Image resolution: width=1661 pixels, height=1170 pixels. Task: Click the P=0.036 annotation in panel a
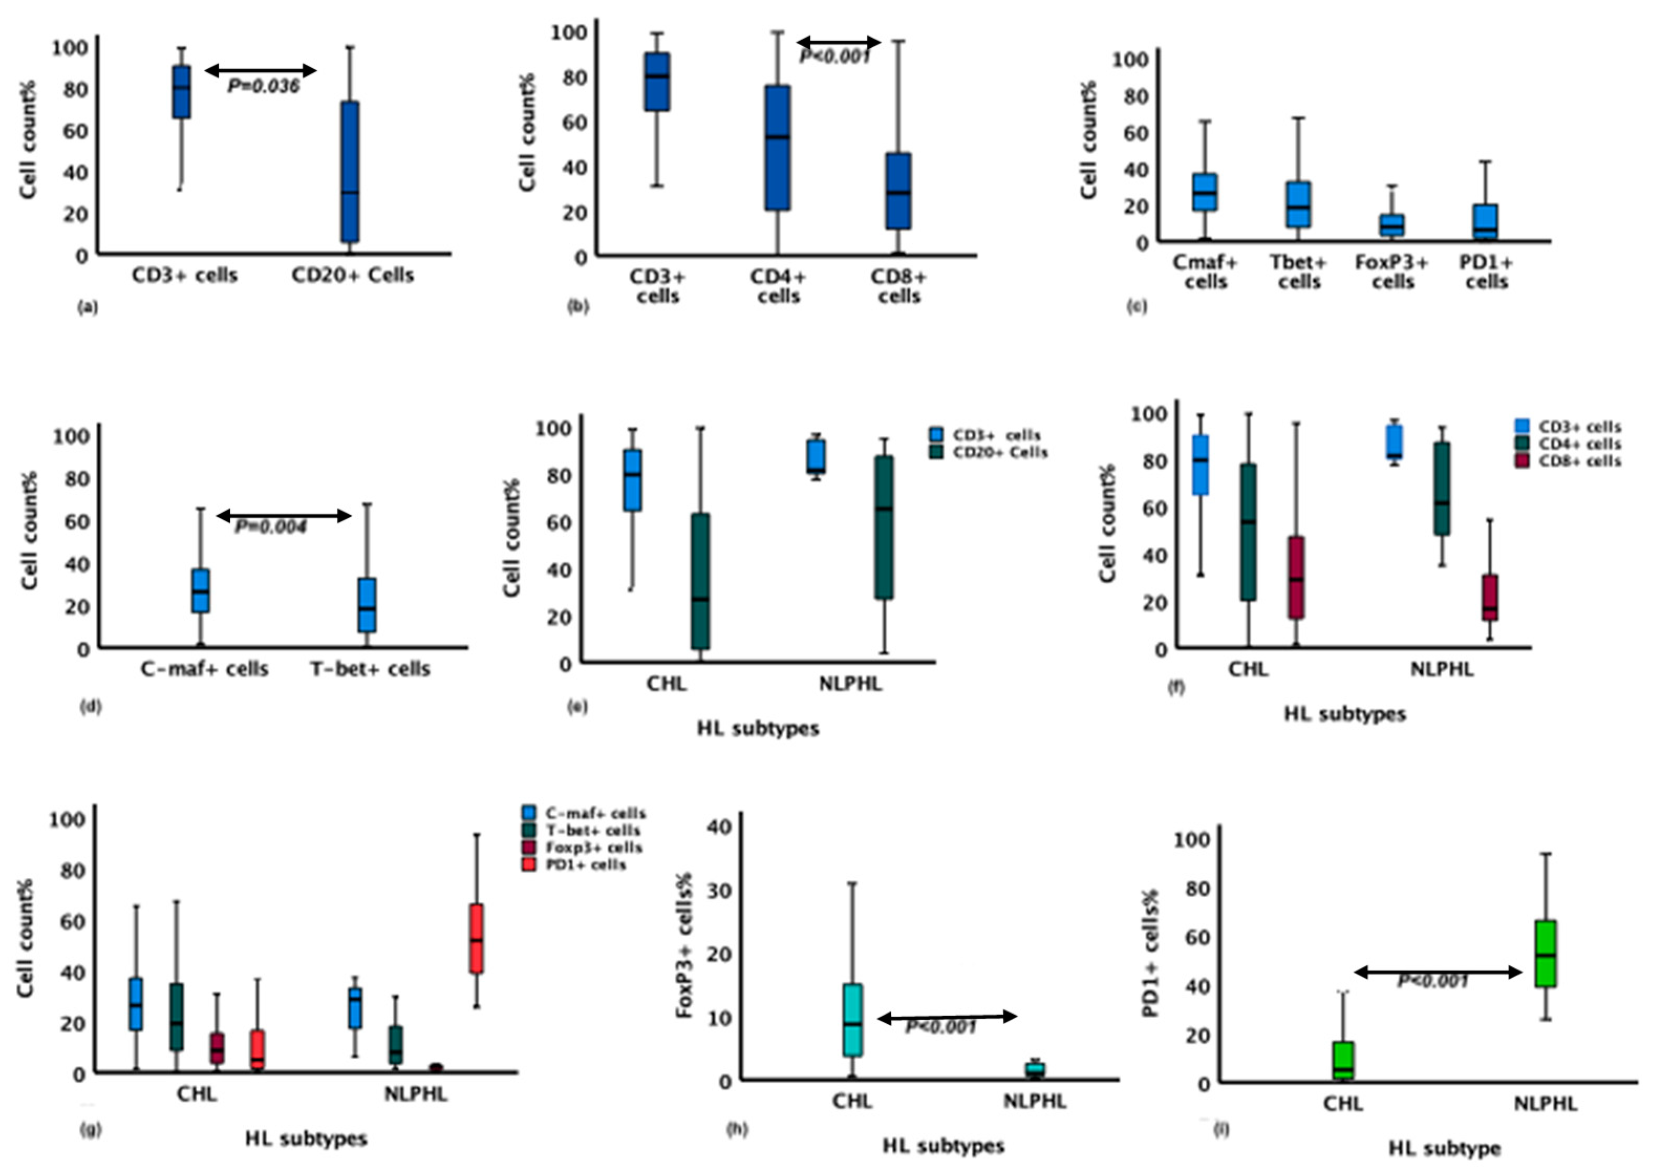[x=263, y=86]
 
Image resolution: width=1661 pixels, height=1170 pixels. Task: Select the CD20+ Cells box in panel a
[x=350, y=172]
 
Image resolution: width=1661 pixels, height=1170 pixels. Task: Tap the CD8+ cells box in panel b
[x=899, y=191]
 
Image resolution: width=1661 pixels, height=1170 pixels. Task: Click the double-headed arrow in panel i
[x=1438, y=973]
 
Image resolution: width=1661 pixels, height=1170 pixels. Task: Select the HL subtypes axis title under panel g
[x=306, y=1139]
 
